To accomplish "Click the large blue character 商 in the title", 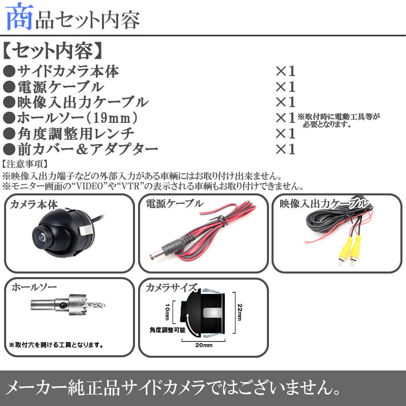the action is coord(19,17).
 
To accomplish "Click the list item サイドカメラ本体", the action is coord(69,71).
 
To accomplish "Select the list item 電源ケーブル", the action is coord(61,87).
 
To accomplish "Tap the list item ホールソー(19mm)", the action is coord(77,118).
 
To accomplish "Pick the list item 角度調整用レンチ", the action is coord(76,133).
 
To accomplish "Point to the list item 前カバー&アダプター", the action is coord(87,149).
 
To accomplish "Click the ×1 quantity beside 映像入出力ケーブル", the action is coord(285,102).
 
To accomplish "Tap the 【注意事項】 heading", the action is coord(25,164).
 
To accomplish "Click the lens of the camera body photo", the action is coord(42,236).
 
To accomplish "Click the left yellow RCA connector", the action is coord(344,250).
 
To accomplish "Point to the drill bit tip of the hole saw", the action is coord(105,304).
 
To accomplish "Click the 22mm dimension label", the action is coord(240,312).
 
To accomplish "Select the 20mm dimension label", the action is coord(204,345).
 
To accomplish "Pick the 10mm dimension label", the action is coord(167,312).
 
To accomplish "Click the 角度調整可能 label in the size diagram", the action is coord(167,330).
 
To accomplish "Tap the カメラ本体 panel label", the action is coord(34,205).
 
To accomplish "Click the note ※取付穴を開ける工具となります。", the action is coord(56,345).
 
